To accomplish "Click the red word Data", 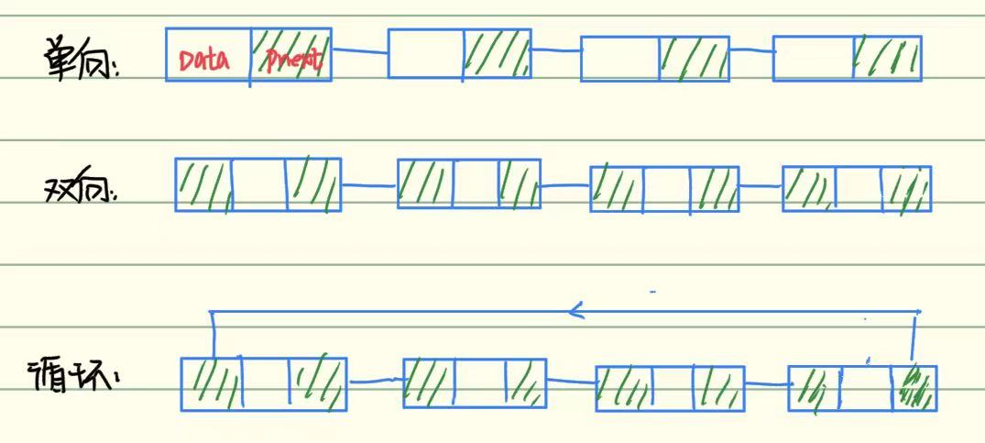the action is tap(203, 61).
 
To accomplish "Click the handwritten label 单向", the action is tap(81, 61).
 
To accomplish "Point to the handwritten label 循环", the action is tap(73, 378).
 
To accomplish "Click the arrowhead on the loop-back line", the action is tap(575, 312).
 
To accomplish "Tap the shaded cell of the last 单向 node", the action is tap(886, 58).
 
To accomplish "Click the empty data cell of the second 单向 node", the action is tap(425, 53).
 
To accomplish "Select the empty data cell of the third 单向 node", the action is tap(619, 60).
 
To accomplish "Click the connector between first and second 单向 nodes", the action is tap(359, 50).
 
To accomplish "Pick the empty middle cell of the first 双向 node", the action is tap(258, 184).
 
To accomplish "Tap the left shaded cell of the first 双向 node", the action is tap(203, 184).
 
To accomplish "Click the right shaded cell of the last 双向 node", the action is tap(906, 188).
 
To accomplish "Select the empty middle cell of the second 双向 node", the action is tap(476, 183).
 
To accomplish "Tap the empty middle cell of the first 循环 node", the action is tap(265, 383).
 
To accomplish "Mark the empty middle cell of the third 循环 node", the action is tap(673, 388).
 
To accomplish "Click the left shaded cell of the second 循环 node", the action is tap(429, 382).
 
